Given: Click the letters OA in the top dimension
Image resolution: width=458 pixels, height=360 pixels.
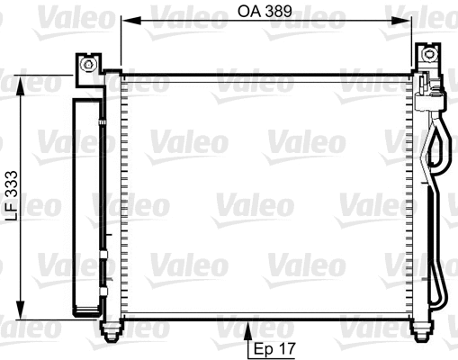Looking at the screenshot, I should (x=250, y=13).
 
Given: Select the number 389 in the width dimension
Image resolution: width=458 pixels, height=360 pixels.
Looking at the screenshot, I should (x=281, y=13).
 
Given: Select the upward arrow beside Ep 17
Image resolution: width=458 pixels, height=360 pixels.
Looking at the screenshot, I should (x=248, y=333).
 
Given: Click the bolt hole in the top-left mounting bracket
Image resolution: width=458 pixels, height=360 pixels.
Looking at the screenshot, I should (x=87, y=67).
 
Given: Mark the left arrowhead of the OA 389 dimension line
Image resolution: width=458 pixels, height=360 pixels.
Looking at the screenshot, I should (x=126, y=21).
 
